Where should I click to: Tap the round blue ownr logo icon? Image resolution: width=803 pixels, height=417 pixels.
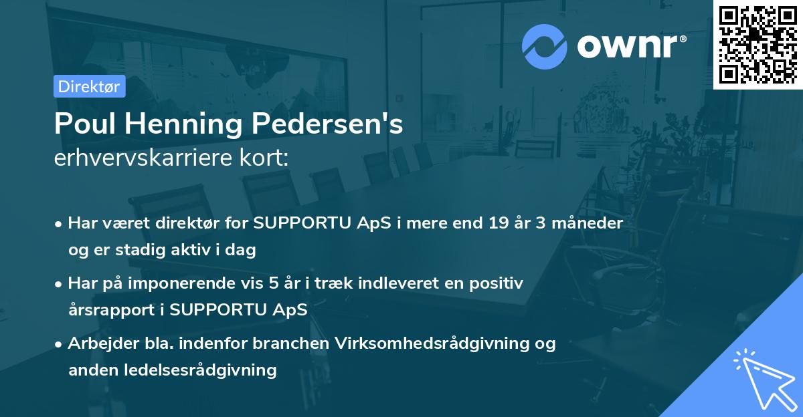click(545, 47)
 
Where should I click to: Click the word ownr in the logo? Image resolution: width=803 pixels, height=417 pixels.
click(626, 47)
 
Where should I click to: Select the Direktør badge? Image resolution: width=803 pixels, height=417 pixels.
click(90, 86)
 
